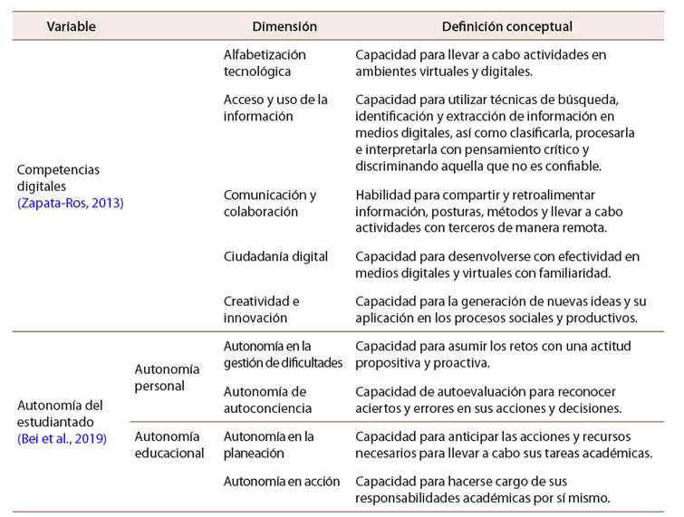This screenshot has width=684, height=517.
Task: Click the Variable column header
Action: pos(71,27)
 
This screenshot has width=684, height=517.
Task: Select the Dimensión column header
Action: pos(284,27)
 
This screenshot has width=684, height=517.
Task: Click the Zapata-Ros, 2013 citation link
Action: pos(71,203)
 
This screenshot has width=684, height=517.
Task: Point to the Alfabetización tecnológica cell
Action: pos(265,62)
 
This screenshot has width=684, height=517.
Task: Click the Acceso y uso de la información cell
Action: pos(275,107)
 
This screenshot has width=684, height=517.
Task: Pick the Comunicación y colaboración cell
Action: pos(269,203)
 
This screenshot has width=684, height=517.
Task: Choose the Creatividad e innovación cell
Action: pos(261,309)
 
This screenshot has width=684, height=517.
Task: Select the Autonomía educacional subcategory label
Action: pos(169,445)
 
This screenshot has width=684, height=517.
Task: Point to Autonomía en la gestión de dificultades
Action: pos(282,354)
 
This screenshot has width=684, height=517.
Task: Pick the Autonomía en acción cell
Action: pos(282,481)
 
